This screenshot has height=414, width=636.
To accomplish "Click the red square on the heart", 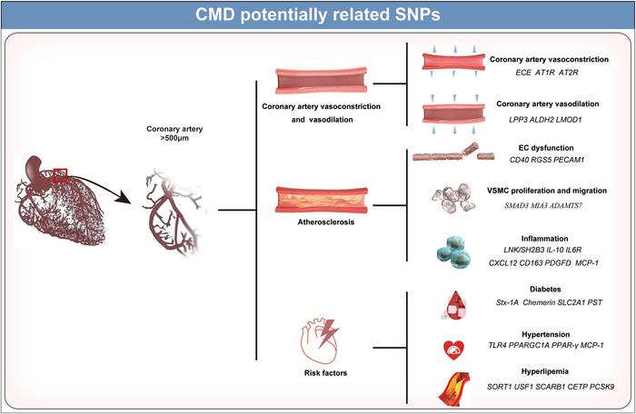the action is pos(60,175).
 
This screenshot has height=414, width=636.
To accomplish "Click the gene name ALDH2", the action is pos(542,120).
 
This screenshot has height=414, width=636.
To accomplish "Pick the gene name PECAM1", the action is pos(569,160).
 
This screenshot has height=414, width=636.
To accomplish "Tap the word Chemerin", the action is pos(539,302).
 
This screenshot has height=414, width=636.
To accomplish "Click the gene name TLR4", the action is pos(497,346).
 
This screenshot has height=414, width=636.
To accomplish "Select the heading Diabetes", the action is pos(545,289).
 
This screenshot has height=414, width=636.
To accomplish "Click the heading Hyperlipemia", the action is pos(545,371).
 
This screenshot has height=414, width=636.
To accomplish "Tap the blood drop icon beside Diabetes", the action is pos(454,305).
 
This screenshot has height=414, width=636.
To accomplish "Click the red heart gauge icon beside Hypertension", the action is pos(453,350).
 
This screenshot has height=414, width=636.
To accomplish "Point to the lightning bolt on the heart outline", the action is pos(329,333).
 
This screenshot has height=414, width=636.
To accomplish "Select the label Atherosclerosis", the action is pos(325,222).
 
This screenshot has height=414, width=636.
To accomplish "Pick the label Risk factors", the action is pos(325,373).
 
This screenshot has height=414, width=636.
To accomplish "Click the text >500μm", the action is pos(174,138).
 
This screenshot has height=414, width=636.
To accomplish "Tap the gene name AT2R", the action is pos(568,73).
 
